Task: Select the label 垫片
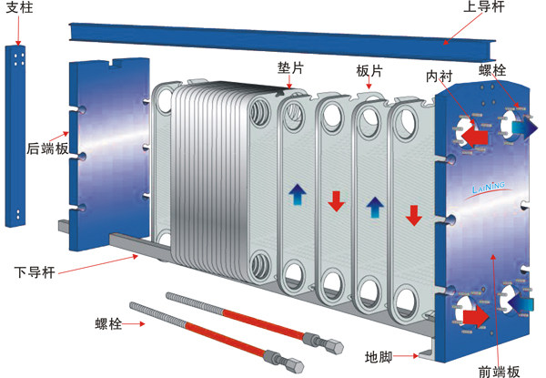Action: pos(290,68)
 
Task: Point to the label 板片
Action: pos(369,70)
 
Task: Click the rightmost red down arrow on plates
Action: pos(413,216)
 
